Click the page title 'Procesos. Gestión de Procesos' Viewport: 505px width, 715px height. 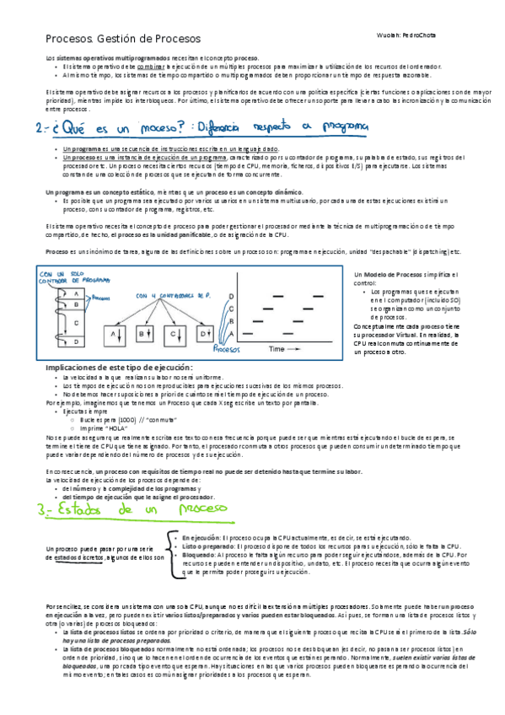point(122,39)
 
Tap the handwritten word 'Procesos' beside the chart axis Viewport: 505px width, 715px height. point(228,347)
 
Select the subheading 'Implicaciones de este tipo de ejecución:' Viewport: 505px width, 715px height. point(119,368)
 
